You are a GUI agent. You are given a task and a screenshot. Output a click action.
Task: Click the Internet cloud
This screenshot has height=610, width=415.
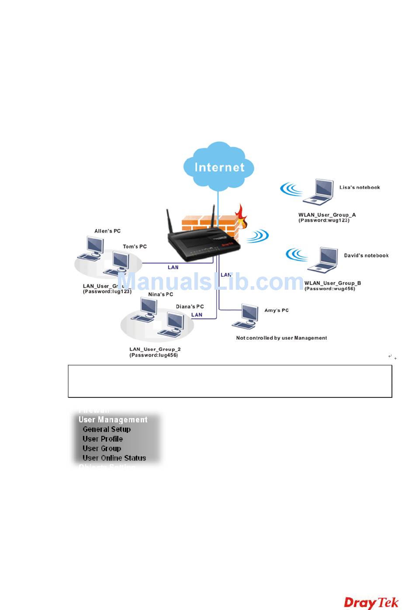219,167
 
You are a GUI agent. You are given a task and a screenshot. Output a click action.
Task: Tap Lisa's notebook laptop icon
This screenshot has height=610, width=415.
318,192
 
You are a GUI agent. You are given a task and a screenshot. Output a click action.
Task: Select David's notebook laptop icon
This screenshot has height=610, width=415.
324,260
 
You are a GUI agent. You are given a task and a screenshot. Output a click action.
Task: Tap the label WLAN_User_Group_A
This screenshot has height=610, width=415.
327,215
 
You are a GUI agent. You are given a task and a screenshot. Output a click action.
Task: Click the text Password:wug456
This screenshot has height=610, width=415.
330,289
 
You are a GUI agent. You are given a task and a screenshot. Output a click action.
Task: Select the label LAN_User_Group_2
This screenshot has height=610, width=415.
155,349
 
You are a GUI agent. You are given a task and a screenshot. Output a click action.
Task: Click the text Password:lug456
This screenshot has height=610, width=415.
153,355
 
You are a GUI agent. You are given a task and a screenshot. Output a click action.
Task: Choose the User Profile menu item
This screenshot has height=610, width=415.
103,439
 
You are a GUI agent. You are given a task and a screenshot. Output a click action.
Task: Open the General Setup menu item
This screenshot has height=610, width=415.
107,429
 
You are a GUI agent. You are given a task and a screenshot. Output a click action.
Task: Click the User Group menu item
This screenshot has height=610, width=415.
102,449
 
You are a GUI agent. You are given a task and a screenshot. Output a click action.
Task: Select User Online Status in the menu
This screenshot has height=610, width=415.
114,458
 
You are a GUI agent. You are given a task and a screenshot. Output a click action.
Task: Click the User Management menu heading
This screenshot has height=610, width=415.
113,420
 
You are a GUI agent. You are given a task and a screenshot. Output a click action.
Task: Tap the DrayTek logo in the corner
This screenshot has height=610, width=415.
371,603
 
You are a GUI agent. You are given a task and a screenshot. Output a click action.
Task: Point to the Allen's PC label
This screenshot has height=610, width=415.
107,231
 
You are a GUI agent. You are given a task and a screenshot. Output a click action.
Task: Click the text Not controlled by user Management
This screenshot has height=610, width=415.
281,338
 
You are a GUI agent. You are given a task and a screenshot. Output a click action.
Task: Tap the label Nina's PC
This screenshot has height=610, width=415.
160,295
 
